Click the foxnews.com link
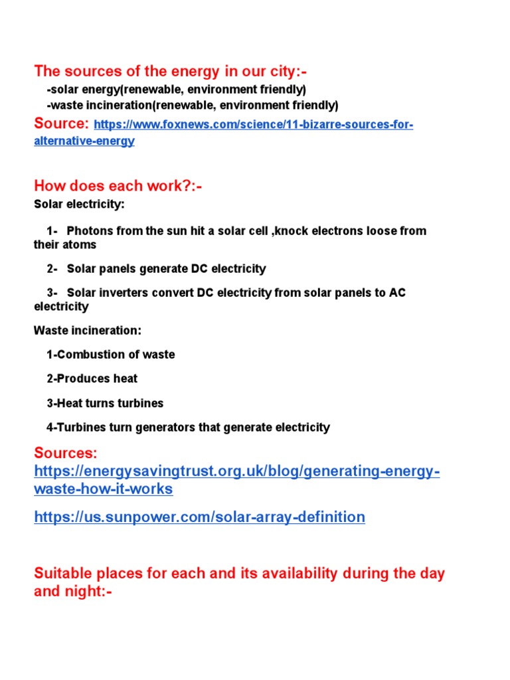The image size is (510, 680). click(254, 125)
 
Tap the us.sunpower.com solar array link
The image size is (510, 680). click(199, 517)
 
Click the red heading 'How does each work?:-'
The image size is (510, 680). click(118, 186)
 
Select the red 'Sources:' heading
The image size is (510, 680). click(65, 453)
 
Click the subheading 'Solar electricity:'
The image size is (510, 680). click(79, 205)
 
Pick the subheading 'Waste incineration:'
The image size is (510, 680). click(88, 330)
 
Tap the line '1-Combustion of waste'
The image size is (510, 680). click(110, 355)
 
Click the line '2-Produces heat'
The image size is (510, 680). click(92, 379)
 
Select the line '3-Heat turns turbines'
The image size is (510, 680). click(104, 403)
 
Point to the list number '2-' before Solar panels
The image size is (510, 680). click(52, 269)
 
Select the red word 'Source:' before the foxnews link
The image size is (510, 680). click(61, 124)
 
